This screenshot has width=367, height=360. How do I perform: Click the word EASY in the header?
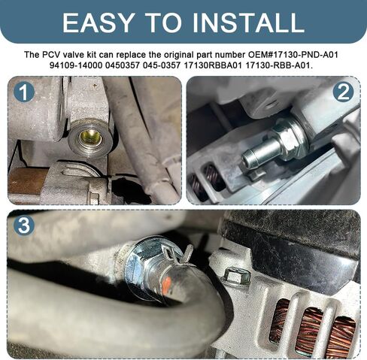pyautogui.click(x=98, y=23)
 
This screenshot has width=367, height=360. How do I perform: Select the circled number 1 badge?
pyautogui.click(x=24, y=92)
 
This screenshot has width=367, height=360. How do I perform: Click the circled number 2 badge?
pyautogui.click(x=344, y=92)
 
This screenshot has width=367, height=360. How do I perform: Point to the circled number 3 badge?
pyautogui.click(x=24, y=225)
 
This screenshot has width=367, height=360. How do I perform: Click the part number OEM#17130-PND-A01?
pyautogui.click(x=293, y=55)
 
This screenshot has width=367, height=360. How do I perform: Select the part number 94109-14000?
pyautogui.click(x=76, y=65)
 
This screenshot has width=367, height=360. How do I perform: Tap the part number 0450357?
pyautogui.click(x=123, y=65)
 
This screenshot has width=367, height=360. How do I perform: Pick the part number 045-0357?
pyautogui.click(x=162, y=65)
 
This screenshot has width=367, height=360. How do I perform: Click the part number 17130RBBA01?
pyautogui.click(x=213, y=65)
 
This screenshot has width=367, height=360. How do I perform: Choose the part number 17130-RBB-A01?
pyautogui.click(x=279, y=65)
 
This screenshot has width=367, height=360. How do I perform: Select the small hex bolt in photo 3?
pyautogui.click(x=236, y=277)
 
